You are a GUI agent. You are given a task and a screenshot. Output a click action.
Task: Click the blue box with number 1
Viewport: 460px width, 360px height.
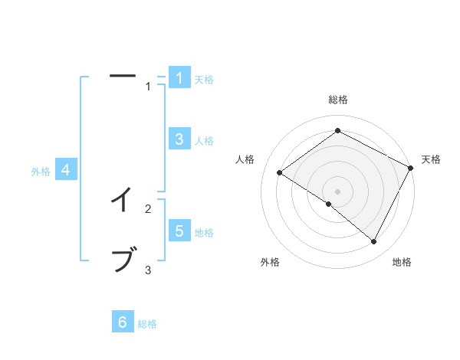pyautogui.click(x=179, y=77)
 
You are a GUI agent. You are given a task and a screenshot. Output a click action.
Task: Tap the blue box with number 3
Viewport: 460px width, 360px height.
pyautogui.click(x=179, y=139)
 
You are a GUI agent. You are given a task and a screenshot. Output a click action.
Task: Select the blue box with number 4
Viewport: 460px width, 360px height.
pyautogui.click(x=66, y=170)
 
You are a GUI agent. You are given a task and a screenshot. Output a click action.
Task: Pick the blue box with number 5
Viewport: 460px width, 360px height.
pyautogui.click(x=179, y=231)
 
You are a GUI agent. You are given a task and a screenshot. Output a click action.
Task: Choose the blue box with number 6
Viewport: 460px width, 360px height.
pyautogui.click(x=123, y=322)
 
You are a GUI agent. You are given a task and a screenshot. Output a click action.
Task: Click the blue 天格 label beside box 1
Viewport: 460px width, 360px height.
pyautogui.click(x=204, y=79)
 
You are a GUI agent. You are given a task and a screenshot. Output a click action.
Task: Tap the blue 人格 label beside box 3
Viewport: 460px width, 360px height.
pyautogui.click(x=204, y=141)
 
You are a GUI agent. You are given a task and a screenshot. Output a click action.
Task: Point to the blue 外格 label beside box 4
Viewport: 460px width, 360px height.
pyautogui.click(x=41, y=172)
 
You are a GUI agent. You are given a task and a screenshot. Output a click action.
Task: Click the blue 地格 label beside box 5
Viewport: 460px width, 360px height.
pyautogui.click(x=204, y=233)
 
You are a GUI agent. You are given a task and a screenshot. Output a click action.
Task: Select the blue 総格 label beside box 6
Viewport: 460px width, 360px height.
pyautogui.click(x=147, y=324)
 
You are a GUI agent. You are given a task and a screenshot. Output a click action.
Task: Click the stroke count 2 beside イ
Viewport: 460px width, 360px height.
pyautogui.click(x=148, y=208)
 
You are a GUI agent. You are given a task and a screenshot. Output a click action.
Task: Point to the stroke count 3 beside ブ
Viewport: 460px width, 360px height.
pyautogui.click(x=148, y=270)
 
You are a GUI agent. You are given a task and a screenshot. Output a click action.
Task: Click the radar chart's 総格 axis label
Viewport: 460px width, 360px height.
pyautogui.click(x=338, y=100)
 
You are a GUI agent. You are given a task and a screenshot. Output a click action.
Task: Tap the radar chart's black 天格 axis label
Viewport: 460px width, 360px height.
pyautogui.click(x=431, y=159)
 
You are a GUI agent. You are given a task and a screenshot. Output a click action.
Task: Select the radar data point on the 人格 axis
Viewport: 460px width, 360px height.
pyautogui.click(x=279, y=173)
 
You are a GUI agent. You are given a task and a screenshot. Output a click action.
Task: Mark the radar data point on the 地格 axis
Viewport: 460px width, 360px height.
pyautogui.click(x=374, y=242)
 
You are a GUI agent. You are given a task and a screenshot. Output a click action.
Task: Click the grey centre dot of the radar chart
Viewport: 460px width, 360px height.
pyautogui.click(x=338, y=191)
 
